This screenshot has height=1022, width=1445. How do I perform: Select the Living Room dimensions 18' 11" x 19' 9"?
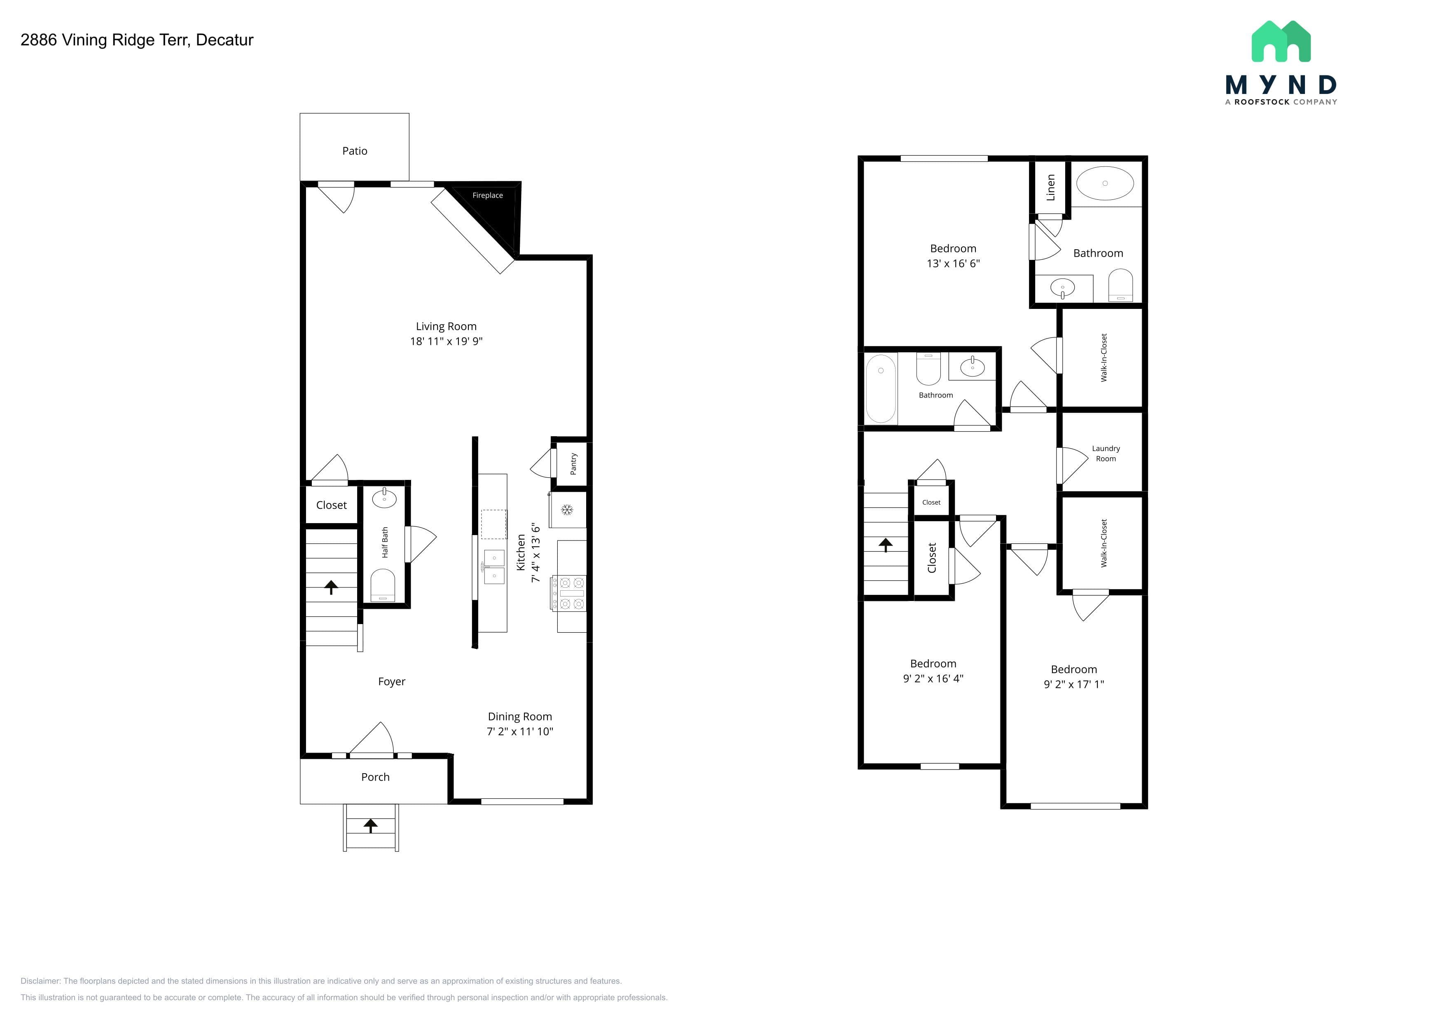(446, 341)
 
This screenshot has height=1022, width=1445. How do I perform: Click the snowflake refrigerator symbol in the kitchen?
(567, 510)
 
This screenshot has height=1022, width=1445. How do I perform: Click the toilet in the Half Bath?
(383, 585)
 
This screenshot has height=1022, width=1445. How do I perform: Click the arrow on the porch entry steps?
(371, 826)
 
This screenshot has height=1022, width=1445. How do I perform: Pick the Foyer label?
(391, 682)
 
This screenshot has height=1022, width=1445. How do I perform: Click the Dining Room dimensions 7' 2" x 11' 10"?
(520, 731)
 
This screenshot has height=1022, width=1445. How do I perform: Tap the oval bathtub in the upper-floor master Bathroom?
(1105, 183)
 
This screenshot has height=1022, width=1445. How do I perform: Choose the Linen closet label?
(1050, 187)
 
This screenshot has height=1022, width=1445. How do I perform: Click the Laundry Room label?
(1106, 454)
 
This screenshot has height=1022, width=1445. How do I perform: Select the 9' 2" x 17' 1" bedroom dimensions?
(1074, 684)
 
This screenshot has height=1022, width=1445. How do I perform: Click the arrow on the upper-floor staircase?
(886, 545)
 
